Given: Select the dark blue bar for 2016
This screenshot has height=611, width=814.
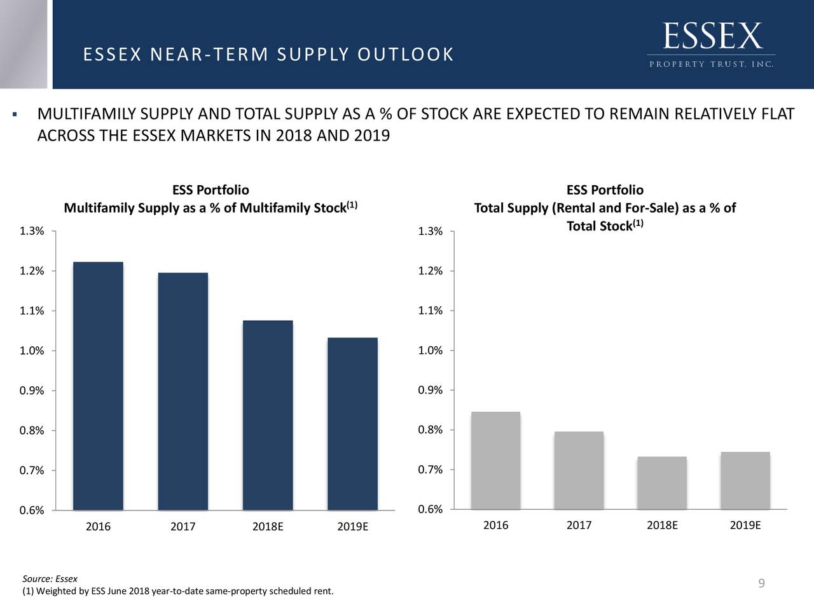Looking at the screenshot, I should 98,386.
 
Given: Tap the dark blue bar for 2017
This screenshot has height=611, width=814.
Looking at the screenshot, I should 183,391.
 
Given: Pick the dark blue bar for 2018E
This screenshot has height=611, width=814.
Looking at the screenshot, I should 268,415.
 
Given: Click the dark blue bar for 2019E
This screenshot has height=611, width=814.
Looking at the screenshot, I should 352,423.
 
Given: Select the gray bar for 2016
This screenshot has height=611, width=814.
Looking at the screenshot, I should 495,460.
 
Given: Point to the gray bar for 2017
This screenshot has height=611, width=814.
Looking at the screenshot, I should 579,470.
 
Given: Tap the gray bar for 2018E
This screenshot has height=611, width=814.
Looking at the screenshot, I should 662,483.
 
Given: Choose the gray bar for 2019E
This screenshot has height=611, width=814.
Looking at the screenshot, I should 745,481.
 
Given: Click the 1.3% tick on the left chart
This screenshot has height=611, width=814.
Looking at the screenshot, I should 32,231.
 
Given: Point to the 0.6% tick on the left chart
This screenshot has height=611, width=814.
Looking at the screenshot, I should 32,510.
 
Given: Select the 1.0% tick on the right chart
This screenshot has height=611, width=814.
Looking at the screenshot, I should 431,351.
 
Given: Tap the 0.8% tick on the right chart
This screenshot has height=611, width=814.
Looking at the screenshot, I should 431,430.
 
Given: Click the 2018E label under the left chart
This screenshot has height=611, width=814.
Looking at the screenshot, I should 268,527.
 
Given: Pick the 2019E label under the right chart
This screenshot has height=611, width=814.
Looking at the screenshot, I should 745,526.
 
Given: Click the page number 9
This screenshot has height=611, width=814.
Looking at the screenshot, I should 761,584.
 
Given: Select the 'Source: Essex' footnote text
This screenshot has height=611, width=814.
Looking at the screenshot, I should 50,579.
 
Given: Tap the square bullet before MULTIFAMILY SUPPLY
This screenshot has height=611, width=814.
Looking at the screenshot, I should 13,115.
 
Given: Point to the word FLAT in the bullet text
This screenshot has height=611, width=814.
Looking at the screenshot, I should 777,115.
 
